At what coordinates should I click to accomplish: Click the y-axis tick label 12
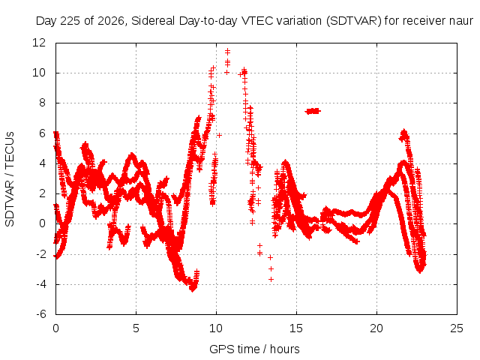(x=39, y=43)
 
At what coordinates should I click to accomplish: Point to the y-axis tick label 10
(x=39, y=73)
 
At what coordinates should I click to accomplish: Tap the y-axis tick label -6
(x=41, y=314)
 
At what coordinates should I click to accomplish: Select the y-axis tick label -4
(x=41, y=284)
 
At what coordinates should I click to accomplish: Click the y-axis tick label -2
(x=41, y=254)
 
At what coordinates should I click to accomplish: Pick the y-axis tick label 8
(x=42, y=103)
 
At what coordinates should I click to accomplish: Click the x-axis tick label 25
(x=457, y=328)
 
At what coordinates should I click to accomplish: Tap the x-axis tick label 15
(x=296, y=328)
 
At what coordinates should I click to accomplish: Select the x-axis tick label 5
(x=136, y=328)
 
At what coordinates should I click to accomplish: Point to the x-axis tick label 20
(x=376, y=328)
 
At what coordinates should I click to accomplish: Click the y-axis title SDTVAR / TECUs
(x=10, y=179)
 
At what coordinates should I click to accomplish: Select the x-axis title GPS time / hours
(x=254, y=349)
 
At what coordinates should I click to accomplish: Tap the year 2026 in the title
(x=110, y=21)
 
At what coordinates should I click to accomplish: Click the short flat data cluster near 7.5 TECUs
(x=313, y=111)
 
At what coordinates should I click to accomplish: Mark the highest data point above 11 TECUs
(x=227, y=52)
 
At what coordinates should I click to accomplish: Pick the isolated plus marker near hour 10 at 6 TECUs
(x=219, y=135)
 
